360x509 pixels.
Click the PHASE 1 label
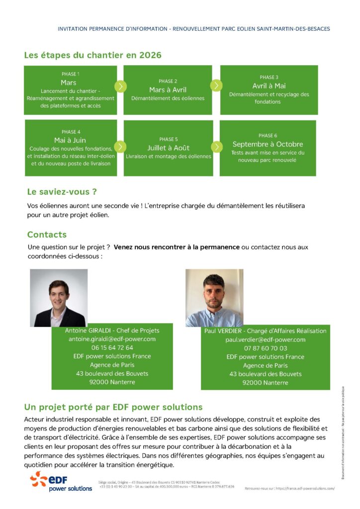pyautogui.click(x=70, y=74)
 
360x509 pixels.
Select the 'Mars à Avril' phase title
pyautogui.click(x=168, y=90)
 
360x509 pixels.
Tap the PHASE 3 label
pyautogui.click(x=269, y=78)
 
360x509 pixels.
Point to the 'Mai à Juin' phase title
pyautogui.click(x=70, y=140)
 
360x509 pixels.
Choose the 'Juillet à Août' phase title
pyautogui.click(x=168, y=148)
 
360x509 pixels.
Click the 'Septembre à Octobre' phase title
pyautogui.click(x=268, y=144)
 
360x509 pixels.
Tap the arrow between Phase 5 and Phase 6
pyautogui.click(x=217, y=147)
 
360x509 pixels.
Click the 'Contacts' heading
pyautogui.click(x=47, y=235)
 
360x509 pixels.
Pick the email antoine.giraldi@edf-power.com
pyautogui.click(x=112, y=339)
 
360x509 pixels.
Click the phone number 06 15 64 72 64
pyautogui.click(x=112, y=347)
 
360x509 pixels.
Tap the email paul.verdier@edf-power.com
pyautogui.click(x=265, y=339)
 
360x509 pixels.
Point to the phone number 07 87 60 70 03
pyautogui.click(x=265, y=348)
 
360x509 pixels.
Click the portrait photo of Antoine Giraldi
pyautogui.click(x=59, y=298)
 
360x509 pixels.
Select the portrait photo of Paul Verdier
pyautogui.click(x=214, y=298)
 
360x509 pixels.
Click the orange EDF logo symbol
pyautogui.click(x=38, y=479)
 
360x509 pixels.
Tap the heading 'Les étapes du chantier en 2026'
pyautogui.click(x=92, y=55)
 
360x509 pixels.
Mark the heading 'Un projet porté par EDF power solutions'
pyautogui.click(x=113, y=407)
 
